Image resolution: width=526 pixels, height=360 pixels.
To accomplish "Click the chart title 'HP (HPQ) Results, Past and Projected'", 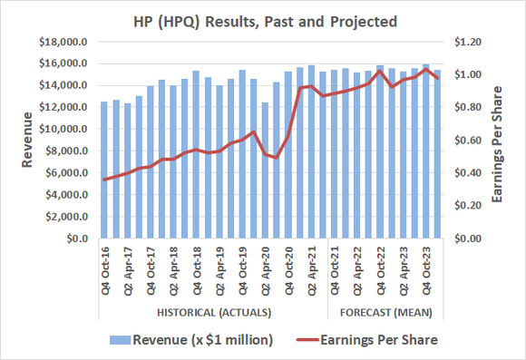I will tap(262, 19).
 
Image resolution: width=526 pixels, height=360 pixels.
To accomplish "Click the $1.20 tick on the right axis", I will tap(469, 42).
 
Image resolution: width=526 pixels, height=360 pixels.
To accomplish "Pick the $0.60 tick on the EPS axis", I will tap(469, 141).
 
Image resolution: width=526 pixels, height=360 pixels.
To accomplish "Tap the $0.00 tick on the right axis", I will tap(469, 238).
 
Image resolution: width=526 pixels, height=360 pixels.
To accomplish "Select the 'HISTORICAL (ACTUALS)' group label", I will tap(213, 313).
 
